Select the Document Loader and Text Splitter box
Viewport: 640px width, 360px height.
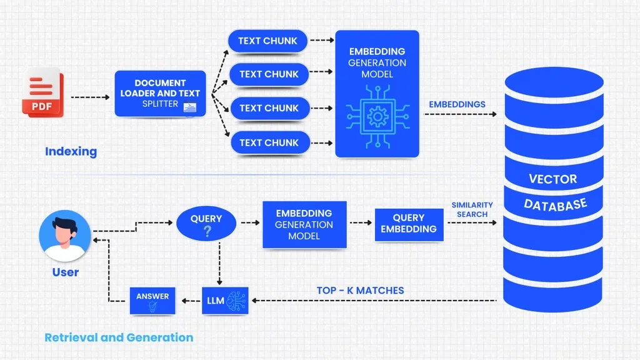(160, 94)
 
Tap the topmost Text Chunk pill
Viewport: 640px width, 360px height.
(267, 41)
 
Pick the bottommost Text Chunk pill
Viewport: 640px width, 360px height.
(269, 142)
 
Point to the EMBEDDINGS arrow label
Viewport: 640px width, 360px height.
(457, 104)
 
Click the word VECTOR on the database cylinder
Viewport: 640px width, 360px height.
(552, 179)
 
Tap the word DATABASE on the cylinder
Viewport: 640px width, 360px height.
(555, 204)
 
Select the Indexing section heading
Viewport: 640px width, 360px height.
(71, 151)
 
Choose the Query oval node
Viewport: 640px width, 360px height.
(206, 224)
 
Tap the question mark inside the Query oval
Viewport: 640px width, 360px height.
(206, 231)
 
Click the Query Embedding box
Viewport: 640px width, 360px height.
(409, 224)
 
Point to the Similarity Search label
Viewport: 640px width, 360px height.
(472, 209)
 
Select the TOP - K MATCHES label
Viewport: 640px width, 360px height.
(360, 290)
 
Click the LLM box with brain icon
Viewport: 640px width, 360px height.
(224, 301)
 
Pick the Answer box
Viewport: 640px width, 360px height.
(152, 301)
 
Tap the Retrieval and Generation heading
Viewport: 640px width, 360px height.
(119, 337)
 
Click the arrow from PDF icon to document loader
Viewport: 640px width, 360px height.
(91, 97)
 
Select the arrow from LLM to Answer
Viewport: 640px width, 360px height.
(189, 301)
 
